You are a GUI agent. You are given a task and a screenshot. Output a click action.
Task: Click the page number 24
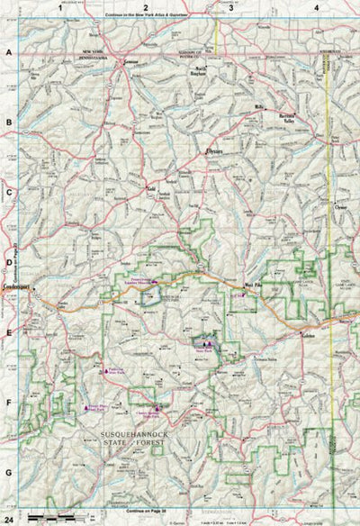click(9, 519)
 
